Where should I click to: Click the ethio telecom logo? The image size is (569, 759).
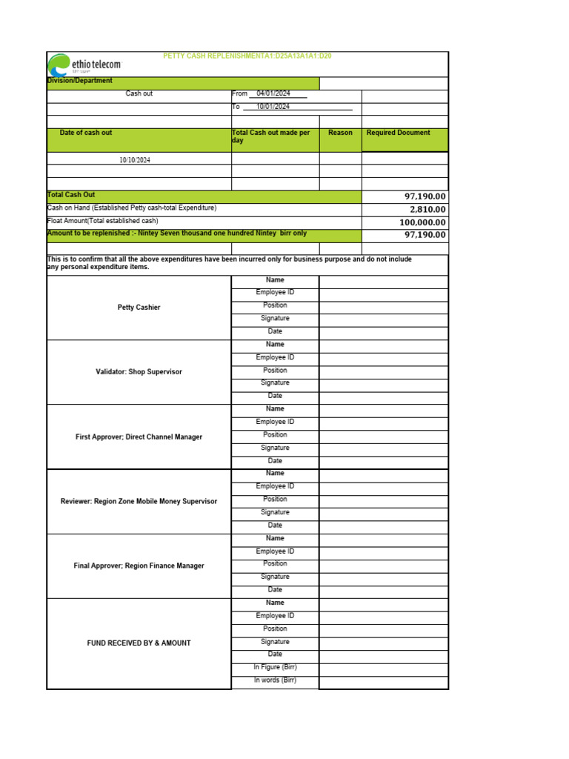[x=83, y=64]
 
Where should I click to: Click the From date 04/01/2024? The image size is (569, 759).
[x=273, y=94]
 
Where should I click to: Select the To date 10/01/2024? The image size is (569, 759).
[x=273, y=107]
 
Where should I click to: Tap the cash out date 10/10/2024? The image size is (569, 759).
[x=135, y=160]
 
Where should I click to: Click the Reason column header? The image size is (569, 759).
[x=340, y=133]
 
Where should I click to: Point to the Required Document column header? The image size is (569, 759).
[x=399, y=133]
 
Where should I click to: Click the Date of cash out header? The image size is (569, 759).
[x=86, y=133]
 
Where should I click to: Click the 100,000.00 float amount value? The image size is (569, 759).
[x=422, y=222]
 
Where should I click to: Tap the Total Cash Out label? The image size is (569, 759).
[x=71, y=195]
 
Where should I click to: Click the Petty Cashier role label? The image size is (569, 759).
[x=139, y=308]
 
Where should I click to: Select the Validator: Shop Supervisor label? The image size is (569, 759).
[x=139, y=372]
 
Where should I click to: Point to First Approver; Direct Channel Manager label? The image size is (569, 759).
[x=139, y=437]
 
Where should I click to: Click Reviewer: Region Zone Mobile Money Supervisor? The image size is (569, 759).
[x=139, y=502]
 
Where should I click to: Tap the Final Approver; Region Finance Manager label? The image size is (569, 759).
[x=139, y=566]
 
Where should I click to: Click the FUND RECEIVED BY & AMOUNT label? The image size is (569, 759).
[x=139, y=643]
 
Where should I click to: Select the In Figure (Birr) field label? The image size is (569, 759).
[x=275, y=668]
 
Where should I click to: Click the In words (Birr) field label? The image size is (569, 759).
[x=275, y=680]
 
